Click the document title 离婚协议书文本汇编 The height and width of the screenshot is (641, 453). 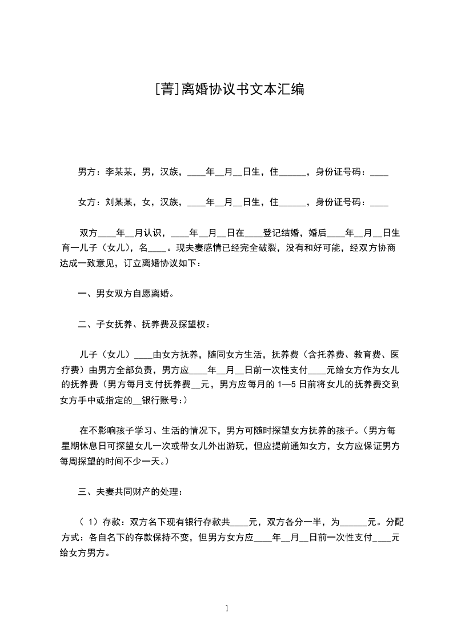(243, 89)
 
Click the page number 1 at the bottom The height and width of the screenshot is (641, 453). (227, 608)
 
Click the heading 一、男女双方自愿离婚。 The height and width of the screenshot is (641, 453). (126, 294)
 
